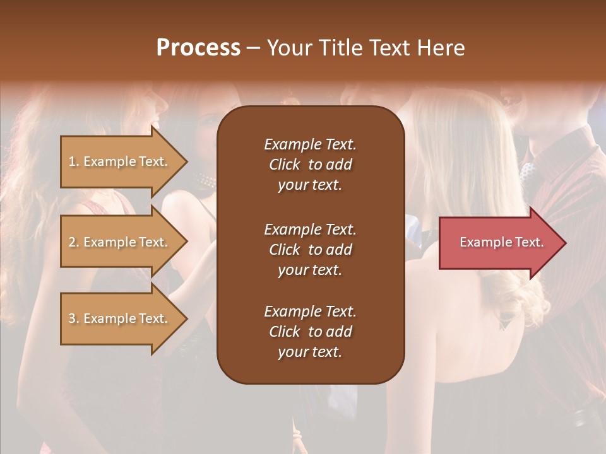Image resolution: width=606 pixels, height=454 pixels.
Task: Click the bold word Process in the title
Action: (x=198, y=48)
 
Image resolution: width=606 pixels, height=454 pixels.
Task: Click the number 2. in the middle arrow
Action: (x=74, y=243)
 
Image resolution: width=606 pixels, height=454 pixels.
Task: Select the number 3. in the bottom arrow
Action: (x=74, y=319)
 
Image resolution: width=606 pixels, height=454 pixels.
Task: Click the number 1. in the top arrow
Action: (x=74, y=162)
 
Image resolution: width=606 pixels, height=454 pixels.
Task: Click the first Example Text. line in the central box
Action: (x=310, y=144)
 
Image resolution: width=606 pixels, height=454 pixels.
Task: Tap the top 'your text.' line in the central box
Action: (x=310, y=185)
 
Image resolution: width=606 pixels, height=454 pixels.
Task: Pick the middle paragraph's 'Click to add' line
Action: (x=310, y=250)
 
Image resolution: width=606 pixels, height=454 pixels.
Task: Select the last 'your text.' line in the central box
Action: (x=310, y=352)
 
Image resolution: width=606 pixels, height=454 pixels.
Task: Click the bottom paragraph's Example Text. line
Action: (x=310, y=311)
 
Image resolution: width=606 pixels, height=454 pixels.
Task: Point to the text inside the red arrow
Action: (x=501, y=242)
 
